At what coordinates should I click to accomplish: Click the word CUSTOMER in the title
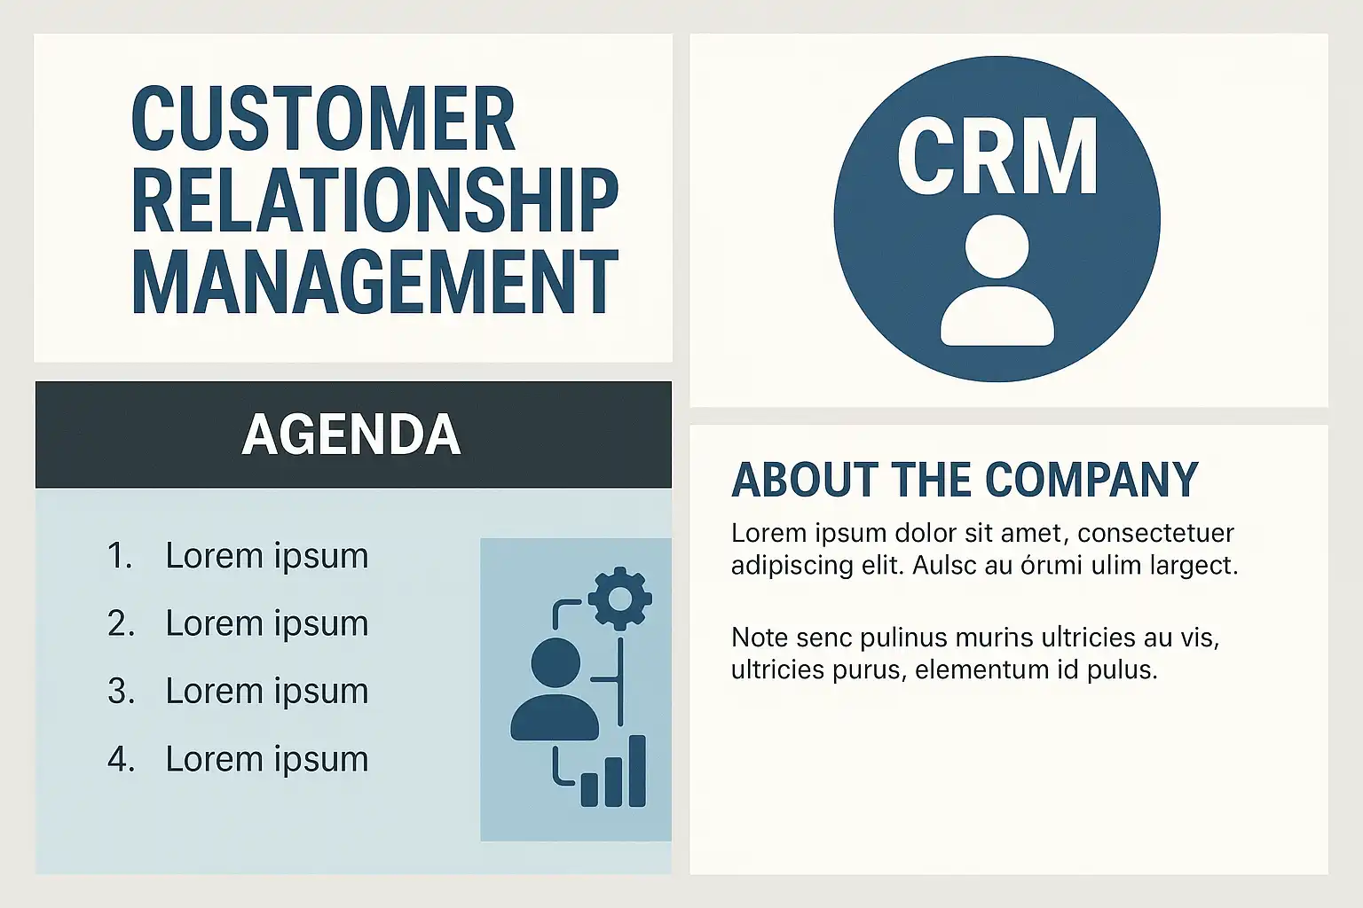click(x=323, y=118)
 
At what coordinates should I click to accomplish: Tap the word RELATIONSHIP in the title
click(x=374, y=200)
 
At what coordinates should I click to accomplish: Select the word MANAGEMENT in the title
click(x=374, y=282)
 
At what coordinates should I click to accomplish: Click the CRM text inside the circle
click(x=997, y=156)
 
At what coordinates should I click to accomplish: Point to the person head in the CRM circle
click(x=997, y=246)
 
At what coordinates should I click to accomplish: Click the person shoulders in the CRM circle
click(x=997, y=316)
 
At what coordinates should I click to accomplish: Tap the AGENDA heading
click(x=351, y=434)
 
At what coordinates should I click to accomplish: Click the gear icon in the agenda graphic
click(x=620, y=599)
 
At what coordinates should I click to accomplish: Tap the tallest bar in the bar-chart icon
click(x=637, y=771)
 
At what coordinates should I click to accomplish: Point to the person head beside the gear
click(x=555, y=663)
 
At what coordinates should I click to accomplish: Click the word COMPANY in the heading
click(x=1091, y=479)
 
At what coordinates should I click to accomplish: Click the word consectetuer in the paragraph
click(x=1155, y=534)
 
